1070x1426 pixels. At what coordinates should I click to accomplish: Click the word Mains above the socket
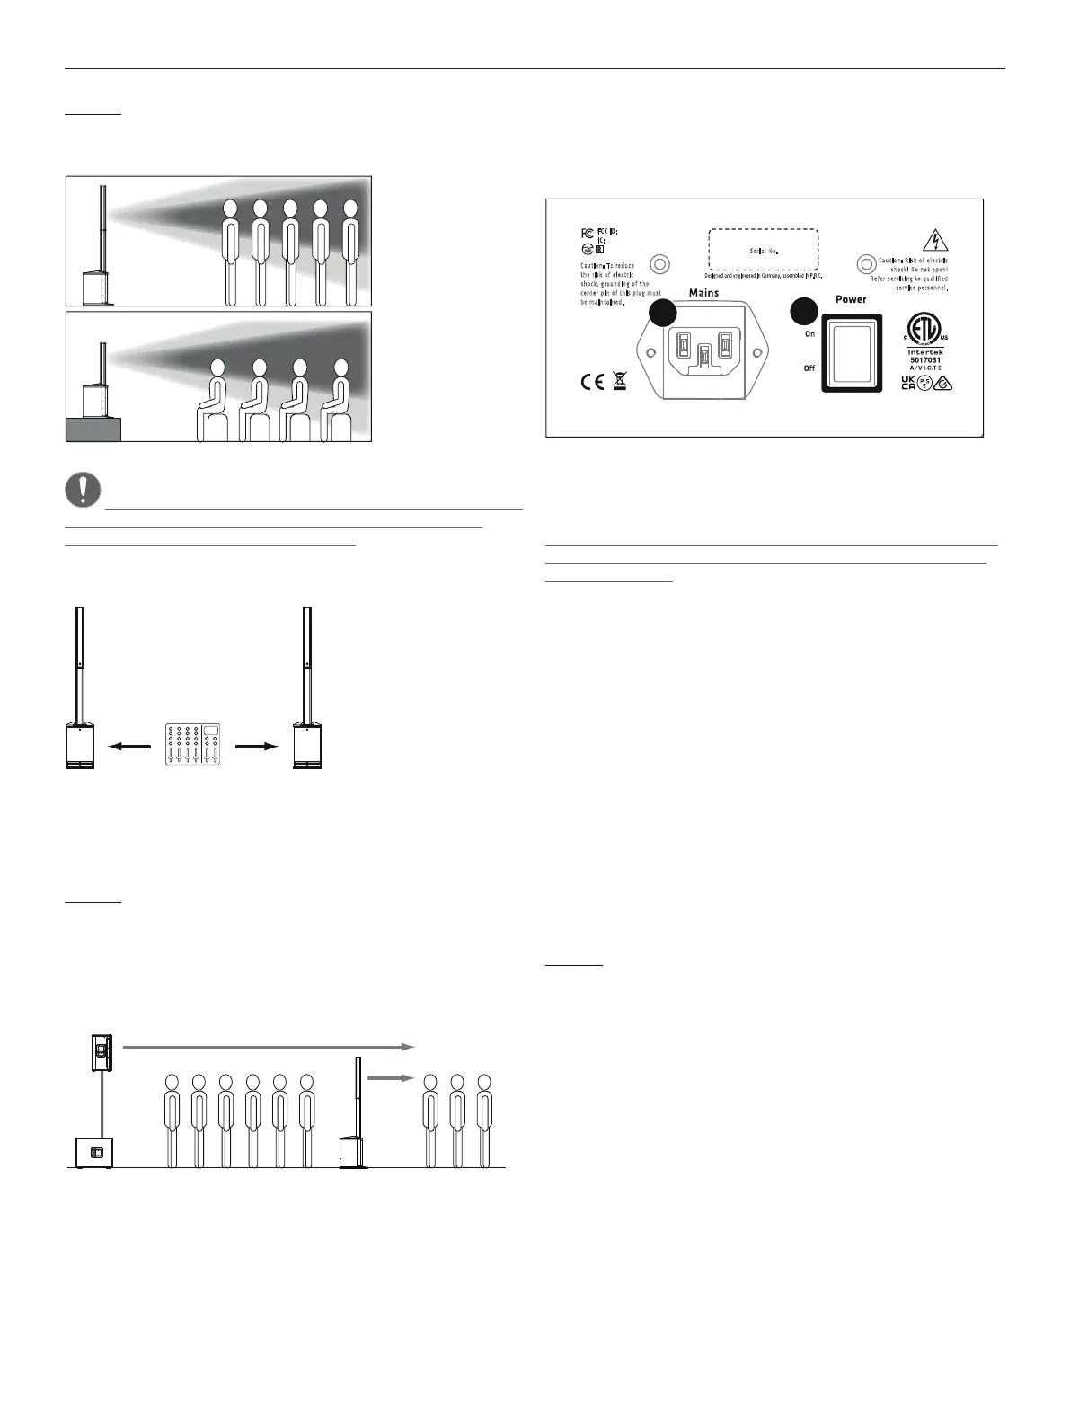[703, 293]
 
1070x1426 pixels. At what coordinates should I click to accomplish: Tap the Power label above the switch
[851, 299]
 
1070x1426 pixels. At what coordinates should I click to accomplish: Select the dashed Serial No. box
[763, 250]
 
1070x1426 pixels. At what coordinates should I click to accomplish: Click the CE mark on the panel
[591, 383]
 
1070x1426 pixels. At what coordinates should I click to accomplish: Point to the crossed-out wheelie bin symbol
[619, 383]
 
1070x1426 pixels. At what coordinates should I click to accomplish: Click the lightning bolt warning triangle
[936, 240]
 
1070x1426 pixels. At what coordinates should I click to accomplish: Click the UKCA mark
[908, 384]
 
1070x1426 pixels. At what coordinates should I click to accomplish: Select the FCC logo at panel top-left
[588, 233]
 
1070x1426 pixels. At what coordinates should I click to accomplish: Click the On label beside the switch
[809, 333]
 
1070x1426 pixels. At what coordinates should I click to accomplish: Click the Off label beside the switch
[809, 368]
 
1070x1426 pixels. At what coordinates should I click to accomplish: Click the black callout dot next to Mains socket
[662, 313]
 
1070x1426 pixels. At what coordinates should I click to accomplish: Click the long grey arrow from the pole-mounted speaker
[268, 1047]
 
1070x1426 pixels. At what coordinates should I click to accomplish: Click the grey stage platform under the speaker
[93, 430]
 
